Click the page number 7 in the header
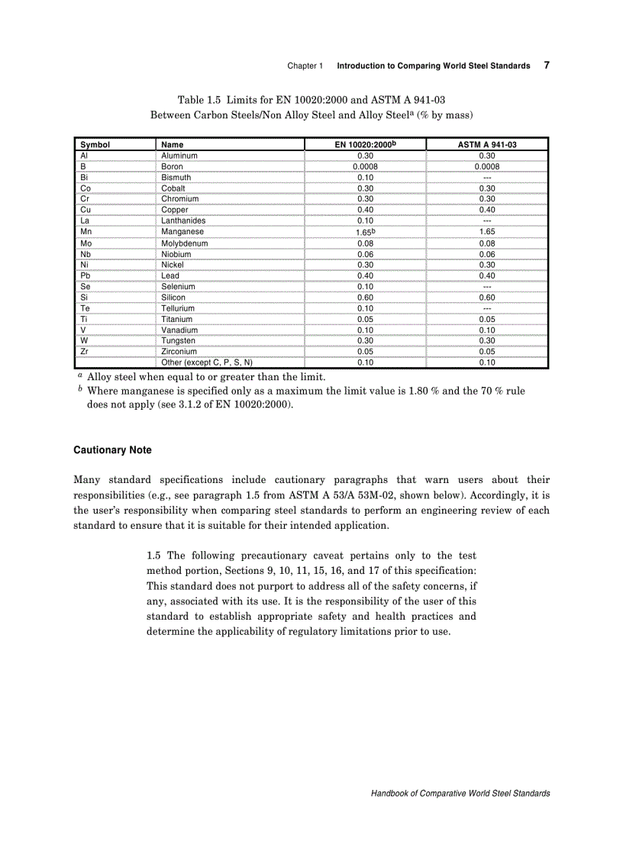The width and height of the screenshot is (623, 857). pyautogui.click(x=547, y=65)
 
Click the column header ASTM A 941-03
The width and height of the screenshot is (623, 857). pyautogui.click(x=486, y=144)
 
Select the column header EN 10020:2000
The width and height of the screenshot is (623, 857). pyautogui.click(x=365, y=144)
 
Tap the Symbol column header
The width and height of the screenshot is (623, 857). pyautogui.click(x=95, y=144)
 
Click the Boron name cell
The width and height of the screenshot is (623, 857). pyautogui.click(x=172, y=166)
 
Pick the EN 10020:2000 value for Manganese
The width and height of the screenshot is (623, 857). pyautogui.click(x=365, y=231)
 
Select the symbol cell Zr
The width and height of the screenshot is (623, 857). pyautogui.click(x=85, y=352)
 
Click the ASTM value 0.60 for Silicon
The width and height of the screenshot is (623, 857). pyautogui.click(x=486, y=298)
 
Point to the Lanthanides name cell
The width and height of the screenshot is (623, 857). pyautogui.click(x=182, y=221)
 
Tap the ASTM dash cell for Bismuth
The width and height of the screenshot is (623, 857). pyautogui.click(x=486, y=177)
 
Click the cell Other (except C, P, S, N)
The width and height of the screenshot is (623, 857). pyautogui.click(x=207, y=362)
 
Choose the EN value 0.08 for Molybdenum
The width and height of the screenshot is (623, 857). pyautogui.click(x=365, y=243)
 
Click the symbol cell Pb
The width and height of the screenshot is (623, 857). pyautogui.click(x=86, y=275)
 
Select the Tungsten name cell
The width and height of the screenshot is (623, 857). pyautogui.click(x=178, y=340)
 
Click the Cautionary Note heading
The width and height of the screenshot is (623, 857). pyautogui.click(x=112, y=450)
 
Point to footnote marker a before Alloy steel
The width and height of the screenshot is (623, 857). pyautogui.click(x=79, y=376)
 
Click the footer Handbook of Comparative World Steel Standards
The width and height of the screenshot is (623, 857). pyautogui.click(x=460, y=794)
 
